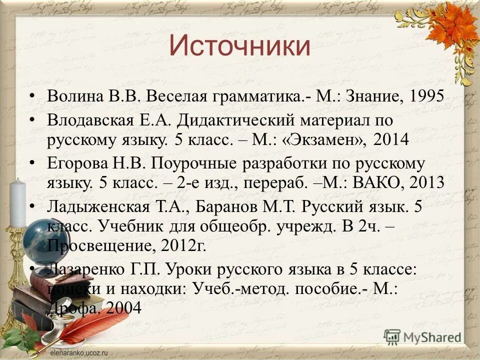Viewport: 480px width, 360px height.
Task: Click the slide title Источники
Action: click(239, 46)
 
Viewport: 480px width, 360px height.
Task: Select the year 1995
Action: click(426, 95)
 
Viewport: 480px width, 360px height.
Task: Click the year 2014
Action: click(390, 139)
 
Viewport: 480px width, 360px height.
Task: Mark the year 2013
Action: click(426, 181)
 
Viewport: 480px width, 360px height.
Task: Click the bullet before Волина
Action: click(33, 95)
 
